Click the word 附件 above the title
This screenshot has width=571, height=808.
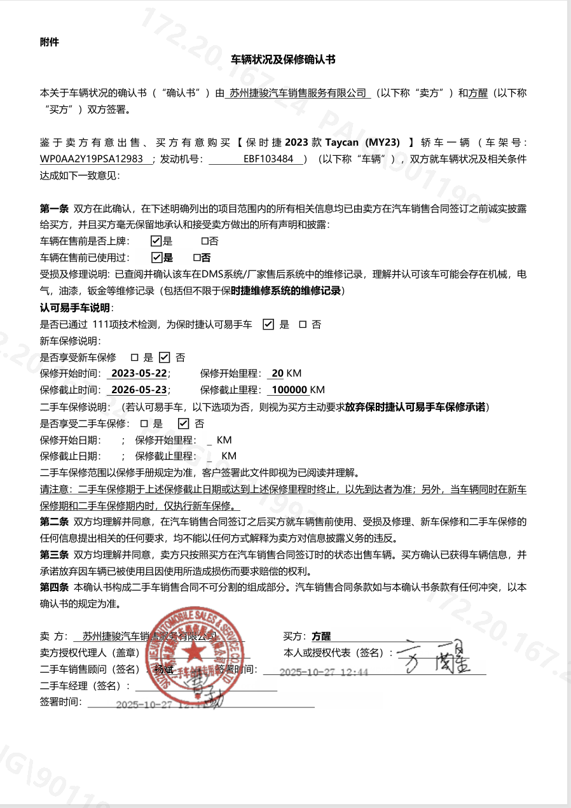(x=49, y=42)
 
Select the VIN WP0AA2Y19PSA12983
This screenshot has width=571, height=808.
(x=95, y=158)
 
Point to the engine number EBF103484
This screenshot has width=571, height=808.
(x=268, y=158)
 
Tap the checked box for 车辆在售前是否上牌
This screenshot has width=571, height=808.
(x=156, y=241)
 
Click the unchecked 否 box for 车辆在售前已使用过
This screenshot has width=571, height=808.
(x=197, y=258)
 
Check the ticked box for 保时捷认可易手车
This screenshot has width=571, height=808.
(x=268, y=324)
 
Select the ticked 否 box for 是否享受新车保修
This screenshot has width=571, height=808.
(x=164, y=358)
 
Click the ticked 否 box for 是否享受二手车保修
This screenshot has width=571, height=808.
(x=184, y=424)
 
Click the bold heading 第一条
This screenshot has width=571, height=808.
(x=54, y=208)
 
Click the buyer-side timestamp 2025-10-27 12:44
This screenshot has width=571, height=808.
(x=324, y=672)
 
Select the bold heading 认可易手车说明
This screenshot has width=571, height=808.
(x=75, y=308)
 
